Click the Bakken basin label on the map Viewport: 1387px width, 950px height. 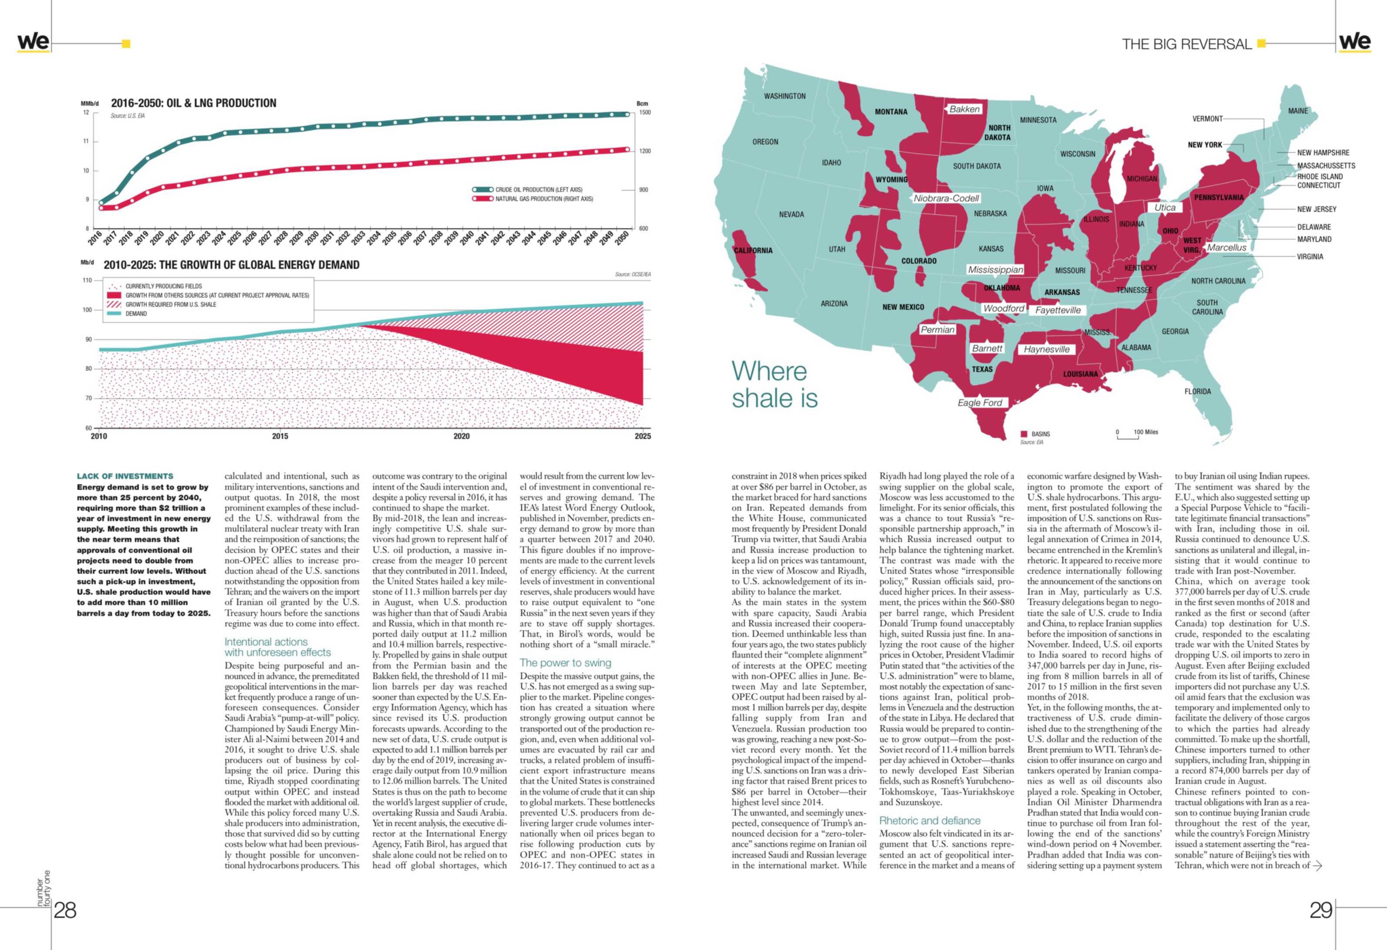click(965, 109)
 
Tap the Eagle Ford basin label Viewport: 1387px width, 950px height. click(980, 403)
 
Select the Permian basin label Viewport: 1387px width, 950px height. click(938, 329)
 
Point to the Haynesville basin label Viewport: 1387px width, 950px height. click(1047, 349)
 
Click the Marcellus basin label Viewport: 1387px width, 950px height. click(1226, 248)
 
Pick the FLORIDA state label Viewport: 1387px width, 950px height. click(1198, 391)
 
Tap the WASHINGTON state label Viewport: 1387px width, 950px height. click(785, 96)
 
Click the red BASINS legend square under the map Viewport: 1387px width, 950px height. click(1024, 434)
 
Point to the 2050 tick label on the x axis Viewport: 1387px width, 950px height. click(622, 238)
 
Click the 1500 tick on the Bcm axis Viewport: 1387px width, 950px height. click(645, 112)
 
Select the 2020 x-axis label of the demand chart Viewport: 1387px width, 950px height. click(461, 436)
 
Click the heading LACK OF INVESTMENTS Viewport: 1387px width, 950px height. click(125, 476)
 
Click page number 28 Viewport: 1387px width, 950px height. click(65, 910)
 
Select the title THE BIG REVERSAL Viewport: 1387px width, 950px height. click(1186, 44)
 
